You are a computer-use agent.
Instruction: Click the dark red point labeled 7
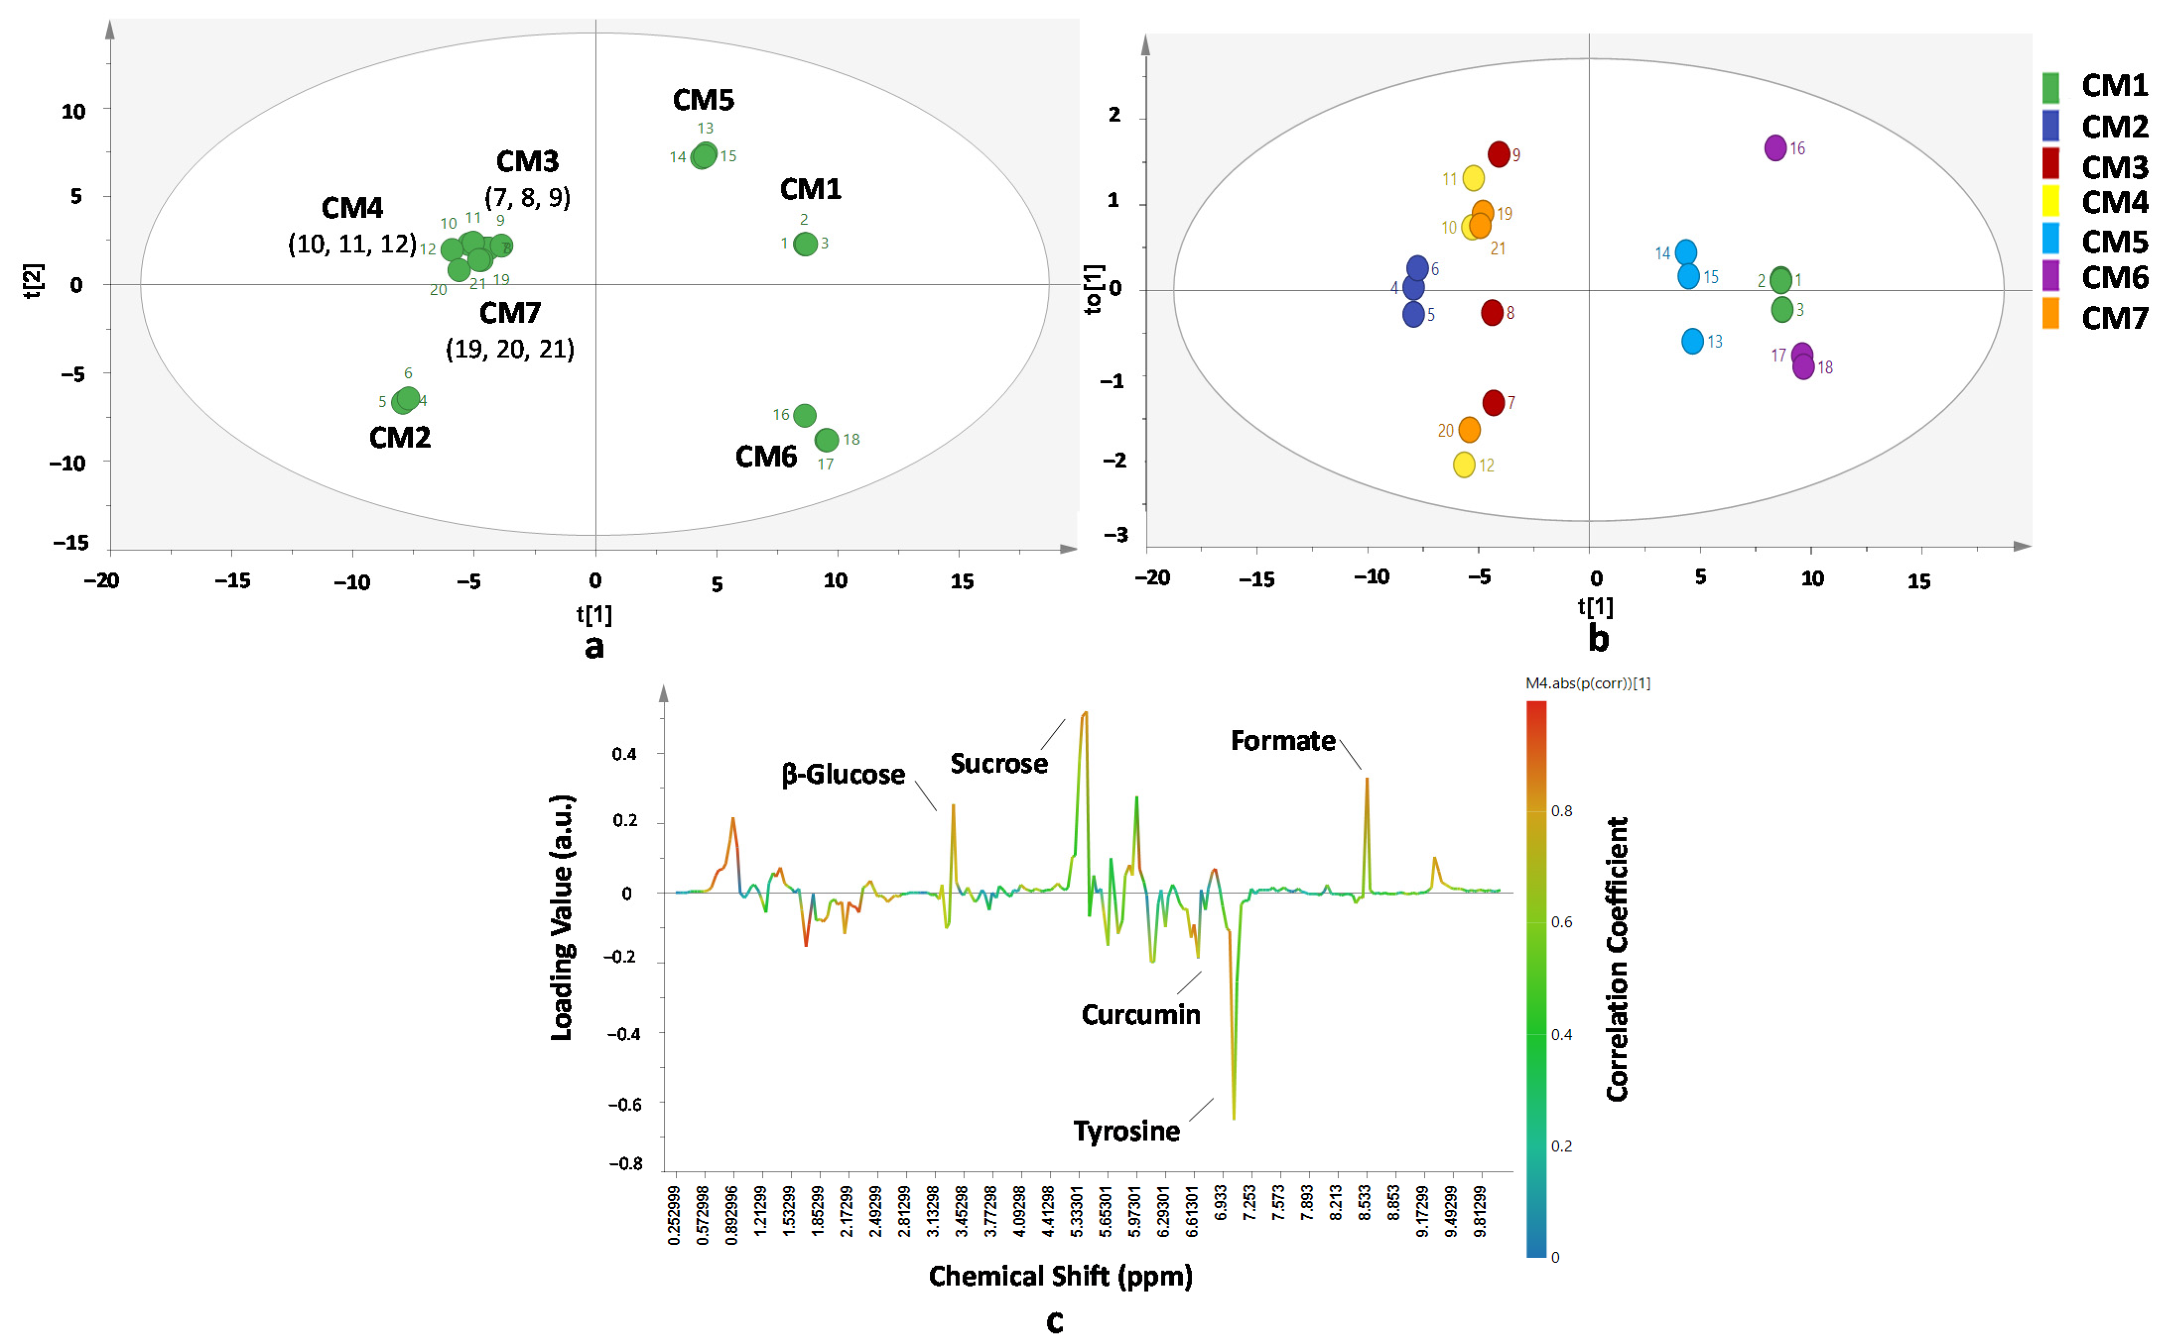pos(1493,402)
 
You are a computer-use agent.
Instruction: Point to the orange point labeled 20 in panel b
pos(1470,430)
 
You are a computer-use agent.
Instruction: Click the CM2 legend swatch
pos(2050,125)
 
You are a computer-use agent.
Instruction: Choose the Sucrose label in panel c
pos(999,763)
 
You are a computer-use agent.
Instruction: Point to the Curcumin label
pos(1141,1014)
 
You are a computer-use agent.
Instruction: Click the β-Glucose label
pos(843,775)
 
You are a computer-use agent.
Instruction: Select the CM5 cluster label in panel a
pos(703,100)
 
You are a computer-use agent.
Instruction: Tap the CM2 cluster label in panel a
pos(400,437)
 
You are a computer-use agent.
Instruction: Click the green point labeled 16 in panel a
pos(804,415)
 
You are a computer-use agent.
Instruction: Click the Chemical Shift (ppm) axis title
pos(1061,1277)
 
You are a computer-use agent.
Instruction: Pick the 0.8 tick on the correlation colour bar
pos(1561,811)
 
